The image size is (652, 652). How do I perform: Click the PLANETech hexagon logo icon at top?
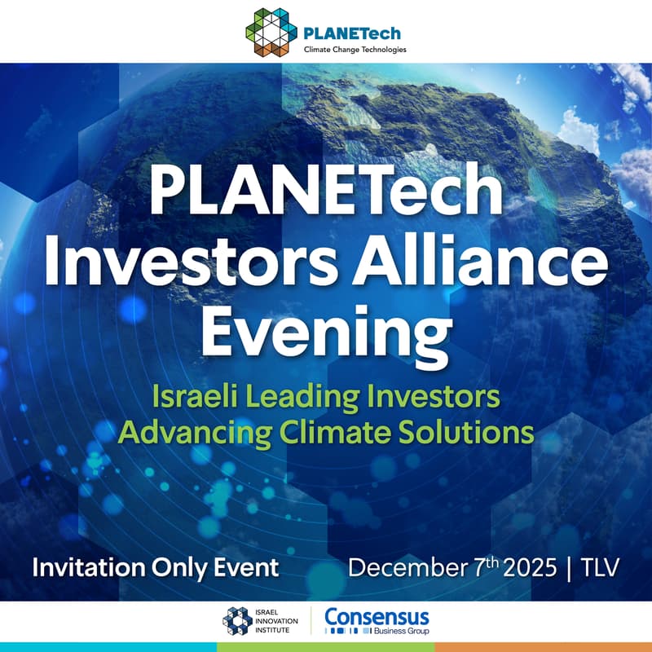(271, 31)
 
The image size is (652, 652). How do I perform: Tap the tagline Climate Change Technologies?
(355, 50)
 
